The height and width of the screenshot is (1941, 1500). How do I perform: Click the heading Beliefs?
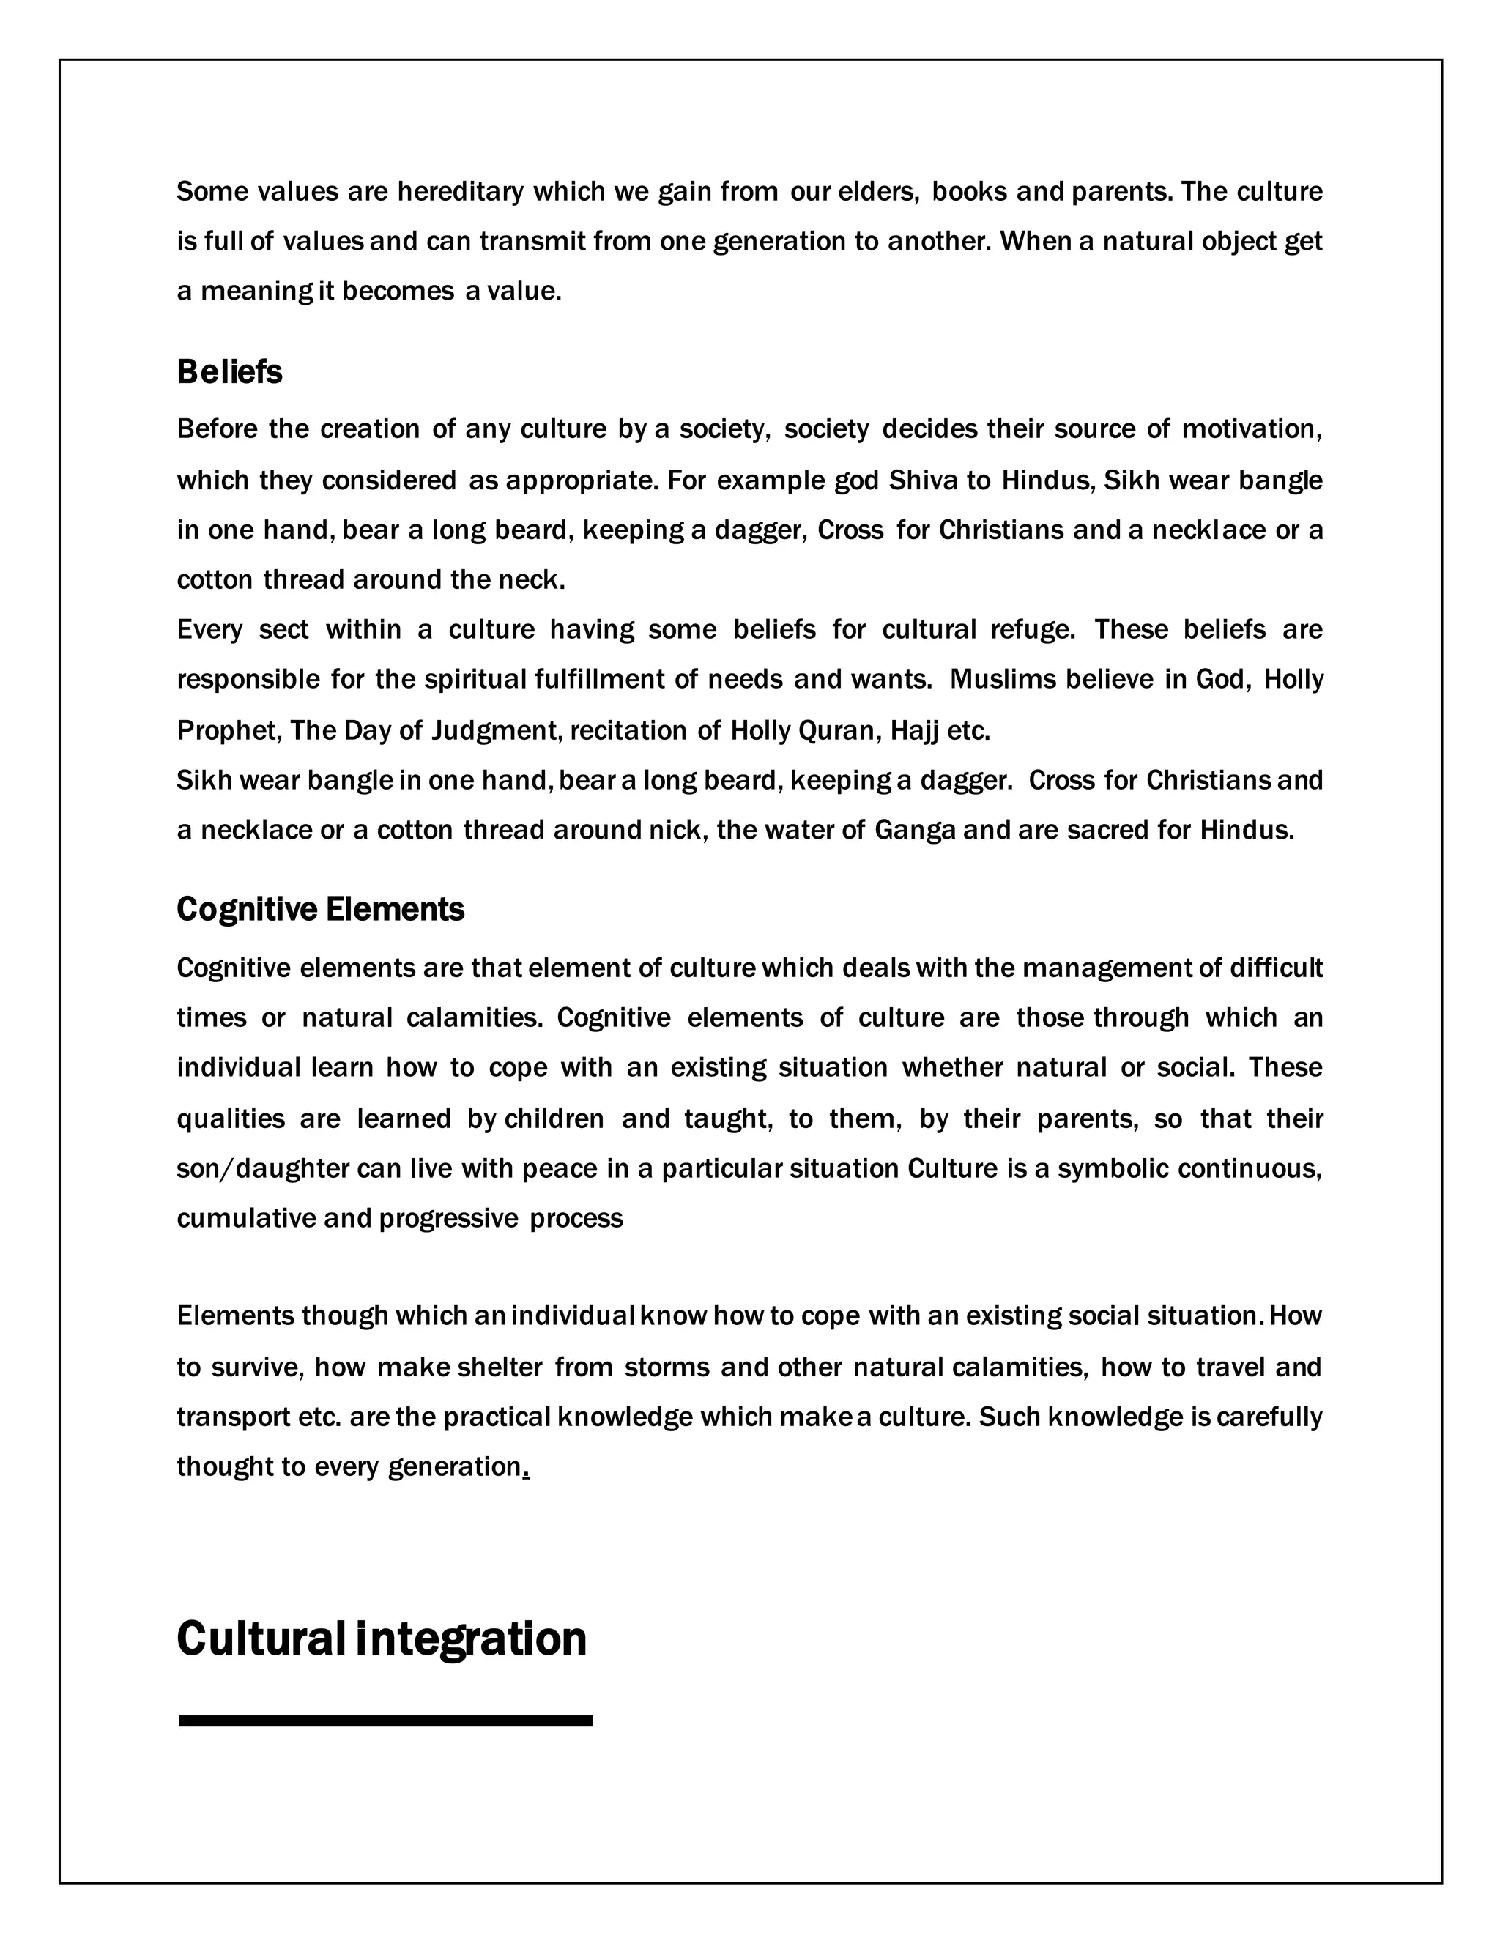229,372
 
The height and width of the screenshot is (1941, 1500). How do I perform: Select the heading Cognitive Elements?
320,909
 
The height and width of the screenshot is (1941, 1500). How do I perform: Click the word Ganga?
916,830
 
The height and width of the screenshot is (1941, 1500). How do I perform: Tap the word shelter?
500,1367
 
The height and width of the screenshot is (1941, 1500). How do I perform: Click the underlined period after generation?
526,1467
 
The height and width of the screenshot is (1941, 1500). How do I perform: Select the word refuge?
1033,630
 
